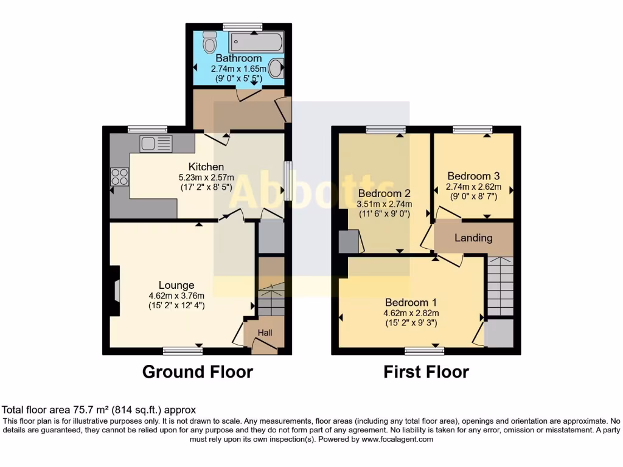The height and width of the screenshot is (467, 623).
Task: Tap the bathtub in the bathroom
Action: click(x=256, y=43)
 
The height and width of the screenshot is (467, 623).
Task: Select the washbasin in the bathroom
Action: click(x=276, y=68)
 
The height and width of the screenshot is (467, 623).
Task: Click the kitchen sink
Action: click(x=156, y=144)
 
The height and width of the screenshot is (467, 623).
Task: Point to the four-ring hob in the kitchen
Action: click(x=119, y=176)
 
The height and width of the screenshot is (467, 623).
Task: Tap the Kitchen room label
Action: click(x=206, y=167)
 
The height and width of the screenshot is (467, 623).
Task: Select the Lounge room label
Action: click(x=176, y=285)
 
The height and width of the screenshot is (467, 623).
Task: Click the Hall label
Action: click(x=265, y=333)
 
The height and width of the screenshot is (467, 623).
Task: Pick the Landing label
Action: click(x=473, y=238)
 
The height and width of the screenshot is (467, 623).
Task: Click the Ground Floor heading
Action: click(x=197, y=372)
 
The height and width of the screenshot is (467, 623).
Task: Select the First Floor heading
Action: click(x=426, y=372)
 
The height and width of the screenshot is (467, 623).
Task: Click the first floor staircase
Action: click(x=500, y=286)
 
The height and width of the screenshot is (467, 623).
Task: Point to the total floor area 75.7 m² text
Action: click(x=99, y=410)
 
